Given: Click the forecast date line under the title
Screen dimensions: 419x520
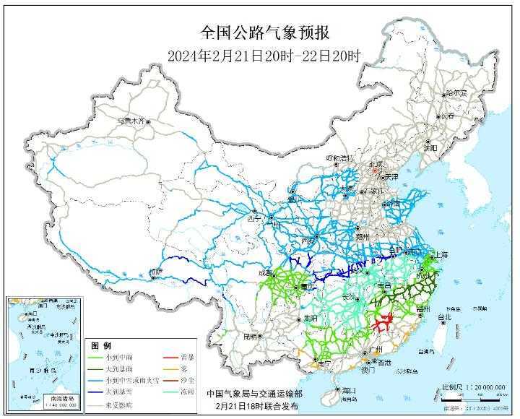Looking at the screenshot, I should tap(259, 56).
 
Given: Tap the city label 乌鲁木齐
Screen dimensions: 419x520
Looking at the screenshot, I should tap(131, 121).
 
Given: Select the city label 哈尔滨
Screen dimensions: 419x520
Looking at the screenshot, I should tap(456, 93).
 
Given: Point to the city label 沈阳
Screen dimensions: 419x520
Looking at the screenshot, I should tap(431, 147).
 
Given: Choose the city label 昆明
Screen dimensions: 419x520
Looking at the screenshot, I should tap(250, 336).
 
